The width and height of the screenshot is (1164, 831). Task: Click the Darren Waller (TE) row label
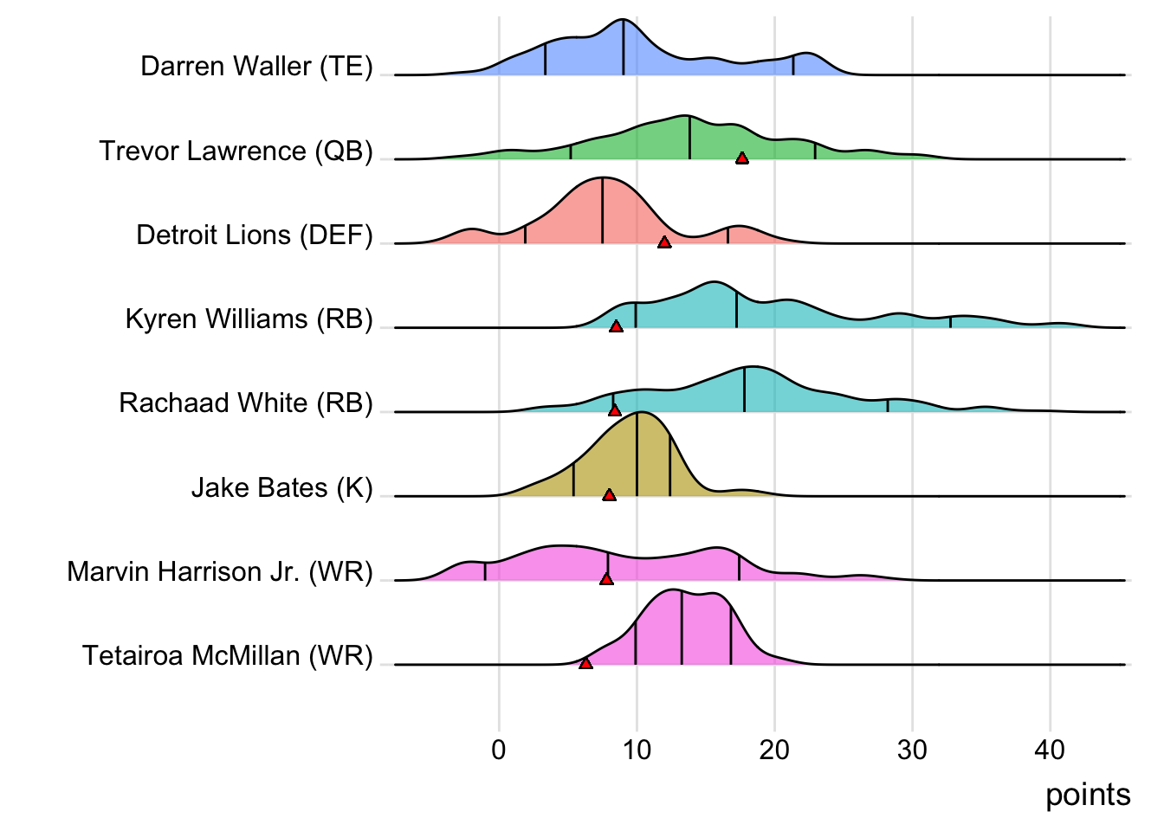click(x=256, y=67)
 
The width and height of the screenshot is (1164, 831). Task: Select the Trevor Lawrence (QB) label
click(x=236, y=151)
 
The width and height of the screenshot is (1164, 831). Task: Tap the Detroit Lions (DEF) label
click(x=255, y=235)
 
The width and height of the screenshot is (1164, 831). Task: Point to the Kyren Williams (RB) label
click(x=249, y=319)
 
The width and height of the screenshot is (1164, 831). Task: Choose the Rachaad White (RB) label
click(x=246, y=403)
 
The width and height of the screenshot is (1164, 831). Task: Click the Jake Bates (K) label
click(x=281, y=488)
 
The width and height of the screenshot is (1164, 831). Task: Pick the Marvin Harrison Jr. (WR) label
click(x=220, y=572)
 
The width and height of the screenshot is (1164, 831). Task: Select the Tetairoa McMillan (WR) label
click(x=227, y=656)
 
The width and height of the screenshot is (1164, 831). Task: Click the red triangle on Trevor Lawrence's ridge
click(x=742, y=158)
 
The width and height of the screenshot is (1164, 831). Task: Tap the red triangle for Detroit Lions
click(x=664, y=242)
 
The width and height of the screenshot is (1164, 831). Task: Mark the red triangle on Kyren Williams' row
click(x=616, y=326)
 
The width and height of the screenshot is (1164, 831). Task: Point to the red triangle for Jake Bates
click(x=609, y=495)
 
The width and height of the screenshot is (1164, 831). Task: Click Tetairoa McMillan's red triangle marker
click(x=585, y=663)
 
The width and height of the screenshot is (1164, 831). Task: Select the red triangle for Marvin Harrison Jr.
click(x=606, y=578)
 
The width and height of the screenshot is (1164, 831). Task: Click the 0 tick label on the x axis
click(x=499, y=750)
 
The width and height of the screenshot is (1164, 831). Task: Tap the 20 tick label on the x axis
click(x=774, y=750)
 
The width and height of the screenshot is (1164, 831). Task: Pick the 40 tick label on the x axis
click(x=1050, y=750)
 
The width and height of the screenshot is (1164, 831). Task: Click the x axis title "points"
click(x=1088, y=795)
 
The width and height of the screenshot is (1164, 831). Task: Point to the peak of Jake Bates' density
click(x=638, y=413)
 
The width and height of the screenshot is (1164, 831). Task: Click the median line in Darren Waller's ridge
click(x=624, y=48)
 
